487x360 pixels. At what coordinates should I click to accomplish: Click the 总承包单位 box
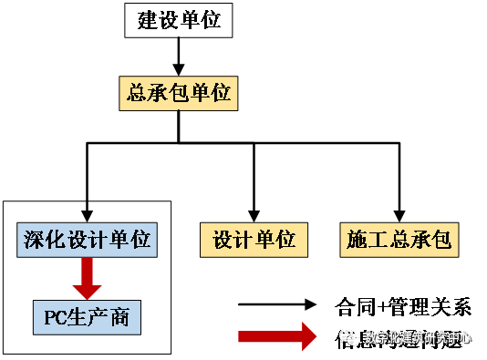click(179, 93)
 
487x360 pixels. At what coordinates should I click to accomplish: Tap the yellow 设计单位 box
click(254, 240)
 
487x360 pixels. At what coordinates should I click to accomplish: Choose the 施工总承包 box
click(399, 240)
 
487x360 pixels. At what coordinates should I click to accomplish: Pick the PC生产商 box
click(87, 316)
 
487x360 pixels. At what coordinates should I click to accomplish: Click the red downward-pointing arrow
click(88, 278)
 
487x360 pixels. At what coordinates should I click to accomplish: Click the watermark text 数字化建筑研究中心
click(418, 337)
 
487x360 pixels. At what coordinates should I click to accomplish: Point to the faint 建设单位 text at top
click(179, 20)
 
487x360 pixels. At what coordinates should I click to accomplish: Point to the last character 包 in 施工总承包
click(440, 240)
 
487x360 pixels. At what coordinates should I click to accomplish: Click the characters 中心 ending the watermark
click(460, 337)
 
